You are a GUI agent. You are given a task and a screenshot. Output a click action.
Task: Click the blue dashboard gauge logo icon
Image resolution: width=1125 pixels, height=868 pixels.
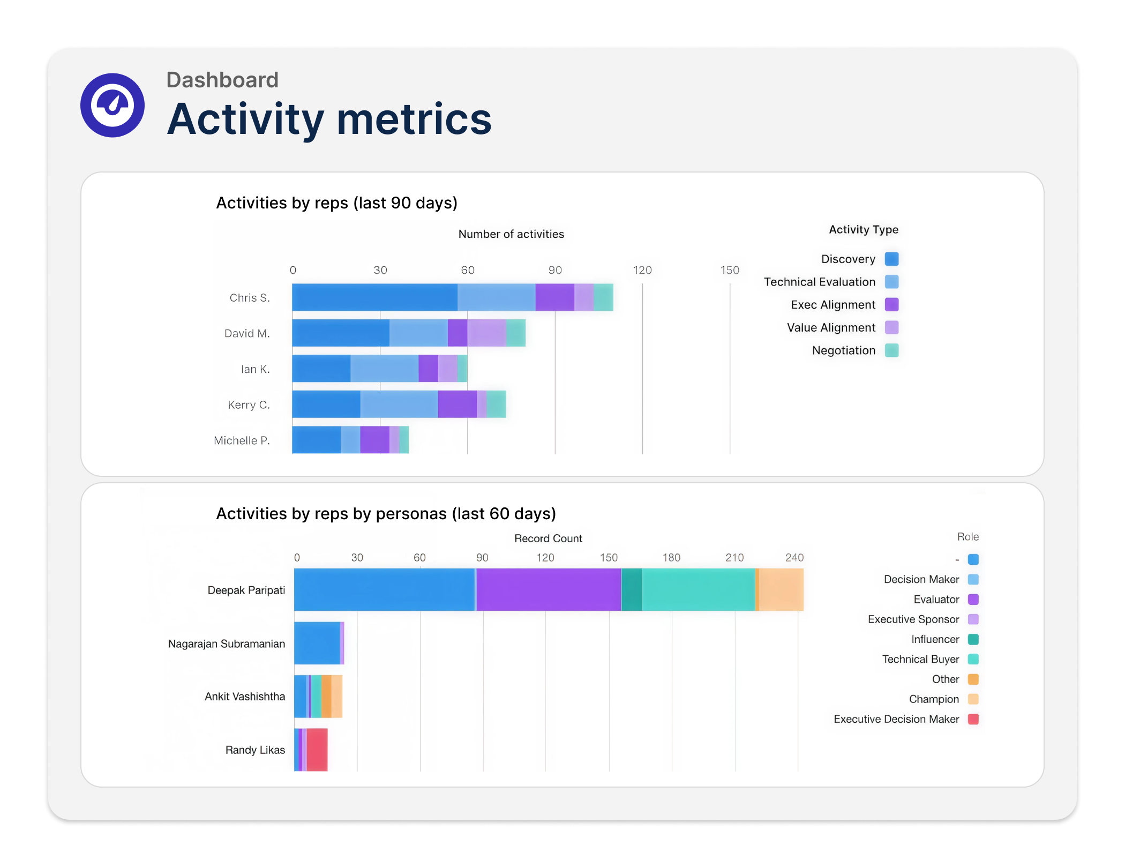(112, 105)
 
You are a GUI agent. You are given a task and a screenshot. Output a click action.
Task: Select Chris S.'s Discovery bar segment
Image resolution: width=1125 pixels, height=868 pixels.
(374, 297)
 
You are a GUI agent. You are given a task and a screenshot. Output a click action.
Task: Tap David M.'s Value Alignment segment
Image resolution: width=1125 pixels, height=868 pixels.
(486, 333)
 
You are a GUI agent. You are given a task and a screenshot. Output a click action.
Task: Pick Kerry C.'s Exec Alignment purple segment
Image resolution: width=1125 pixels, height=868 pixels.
(457, 404)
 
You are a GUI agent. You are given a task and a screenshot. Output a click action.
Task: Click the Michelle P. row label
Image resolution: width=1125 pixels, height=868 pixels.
(242, 440)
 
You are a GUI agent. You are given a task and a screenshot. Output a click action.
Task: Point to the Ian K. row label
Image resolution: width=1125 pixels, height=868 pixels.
(255, 369)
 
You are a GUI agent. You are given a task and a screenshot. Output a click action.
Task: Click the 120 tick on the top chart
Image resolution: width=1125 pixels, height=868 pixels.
(642, 270)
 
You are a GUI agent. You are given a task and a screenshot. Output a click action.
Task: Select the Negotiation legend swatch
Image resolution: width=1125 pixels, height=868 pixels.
(891, 350)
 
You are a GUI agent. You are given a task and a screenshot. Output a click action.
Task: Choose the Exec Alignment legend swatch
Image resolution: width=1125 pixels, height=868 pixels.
(891, 305)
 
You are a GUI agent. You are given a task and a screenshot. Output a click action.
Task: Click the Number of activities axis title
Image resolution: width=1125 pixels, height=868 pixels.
(511, 234)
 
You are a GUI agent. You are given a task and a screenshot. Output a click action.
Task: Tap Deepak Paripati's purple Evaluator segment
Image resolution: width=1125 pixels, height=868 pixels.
(548, 589)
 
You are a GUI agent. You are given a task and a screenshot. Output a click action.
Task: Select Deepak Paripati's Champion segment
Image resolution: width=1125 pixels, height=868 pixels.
(781, 589)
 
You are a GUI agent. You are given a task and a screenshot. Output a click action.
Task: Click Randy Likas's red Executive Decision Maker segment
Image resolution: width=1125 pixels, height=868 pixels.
(317, 750)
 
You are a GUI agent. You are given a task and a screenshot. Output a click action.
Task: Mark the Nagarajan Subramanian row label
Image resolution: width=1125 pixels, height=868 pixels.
(227, 643)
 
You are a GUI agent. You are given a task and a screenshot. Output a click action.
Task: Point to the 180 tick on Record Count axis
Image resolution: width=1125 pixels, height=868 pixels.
(671, 558)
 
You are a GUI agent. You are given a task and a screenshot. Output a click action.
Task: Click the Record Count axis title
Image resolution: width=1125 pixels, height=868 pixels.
(548, 538)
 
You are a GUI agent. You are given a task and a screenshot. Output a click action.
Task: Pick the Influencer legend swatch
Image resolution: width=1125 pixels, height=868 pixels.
(973, 639)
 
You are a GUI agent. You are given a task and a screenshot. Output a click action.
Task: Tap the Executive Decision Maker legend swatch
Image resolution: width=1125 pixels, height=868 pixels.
(973, 719)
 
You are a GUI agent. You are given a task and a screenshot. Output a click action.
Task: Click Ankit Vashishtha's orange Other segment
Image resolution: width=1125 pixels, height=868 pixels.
(326, 697)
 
